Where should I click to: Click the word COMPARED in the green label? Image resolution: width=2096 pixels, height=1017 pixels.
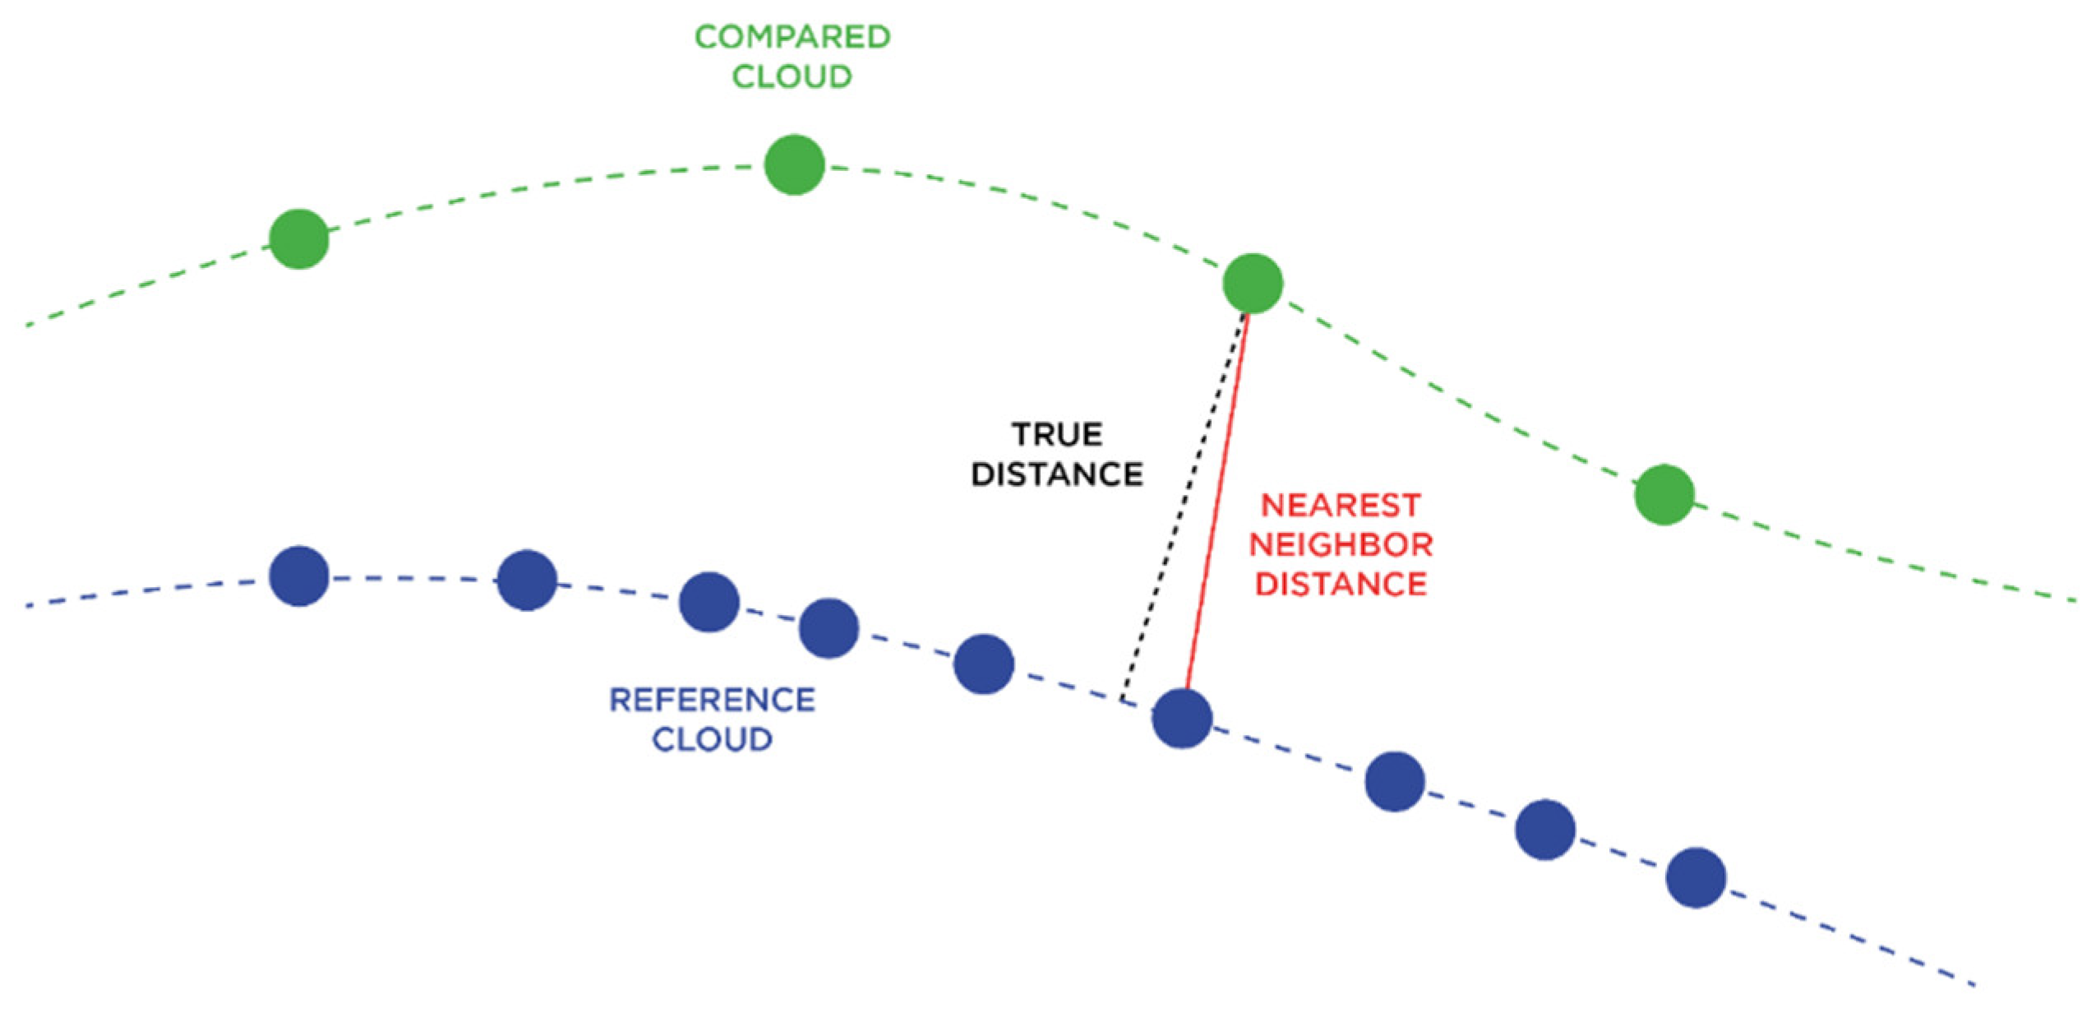(792, 37)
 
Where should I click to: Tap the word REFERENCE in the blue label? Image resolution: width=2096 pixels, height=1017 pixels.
(712, 700)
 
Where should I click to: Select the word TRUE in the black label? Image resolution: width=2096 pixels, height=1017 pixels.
(1057, 434)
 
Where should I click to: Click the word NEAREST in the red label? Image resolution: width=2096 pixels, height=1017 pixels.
(1341, 505)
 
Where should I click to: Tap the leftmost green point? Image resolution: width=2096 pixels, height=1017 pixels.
(299, 239)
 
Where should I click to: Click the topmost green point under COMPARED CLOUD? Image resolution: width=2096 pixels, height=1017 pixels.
(794, 165)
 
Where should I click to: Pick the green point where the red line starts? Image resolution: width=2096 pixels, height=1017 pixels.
(1253, 284)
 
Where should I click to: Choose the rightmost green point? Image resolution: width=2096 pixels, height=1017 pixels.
(1664, 495)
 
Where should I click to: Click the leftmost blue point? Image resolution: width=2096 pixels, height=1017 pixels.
(299, 576)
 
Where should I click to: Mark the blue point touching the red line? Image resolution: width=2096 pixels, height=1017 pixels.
(1182, 718)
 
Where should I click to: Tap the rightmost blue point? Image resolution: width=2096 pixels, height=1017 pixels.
(1695, 877)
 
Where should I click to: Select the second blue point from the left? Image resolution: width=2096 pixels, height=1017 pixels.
(528, 580)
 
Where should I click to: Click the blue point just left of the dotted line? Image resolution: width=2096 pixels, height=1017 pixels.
(983, 663)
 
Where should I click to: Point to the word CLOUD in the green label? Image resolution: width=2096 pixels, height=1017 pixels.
(792, 76)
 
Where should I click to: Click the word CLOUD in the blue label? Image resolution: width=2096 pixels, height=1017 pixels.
(712, 739)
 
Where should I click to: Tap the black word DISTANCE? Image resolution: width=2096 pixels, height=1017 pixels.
(1057, 474)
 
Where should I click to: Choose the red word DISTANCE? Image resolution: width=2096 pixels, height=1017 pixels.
(1341, 584)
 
